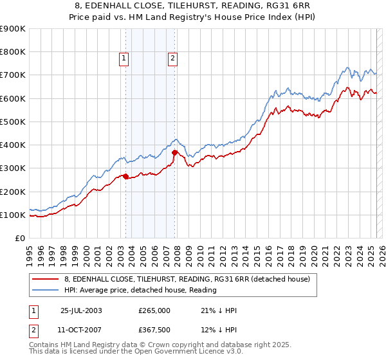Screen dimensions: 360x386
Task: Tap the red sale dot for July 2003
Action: pyautogui.click(x=126, y=176)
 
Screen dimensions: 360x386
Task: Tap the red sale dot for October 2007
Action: pyautogui.click(x=174, y=152)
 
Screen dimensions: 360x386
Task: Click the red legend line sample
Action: pyautogui.click(x=46, y=279)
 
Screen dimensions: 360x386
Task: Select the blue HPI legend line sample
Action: pyautogui.click(x=46, y=290)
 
